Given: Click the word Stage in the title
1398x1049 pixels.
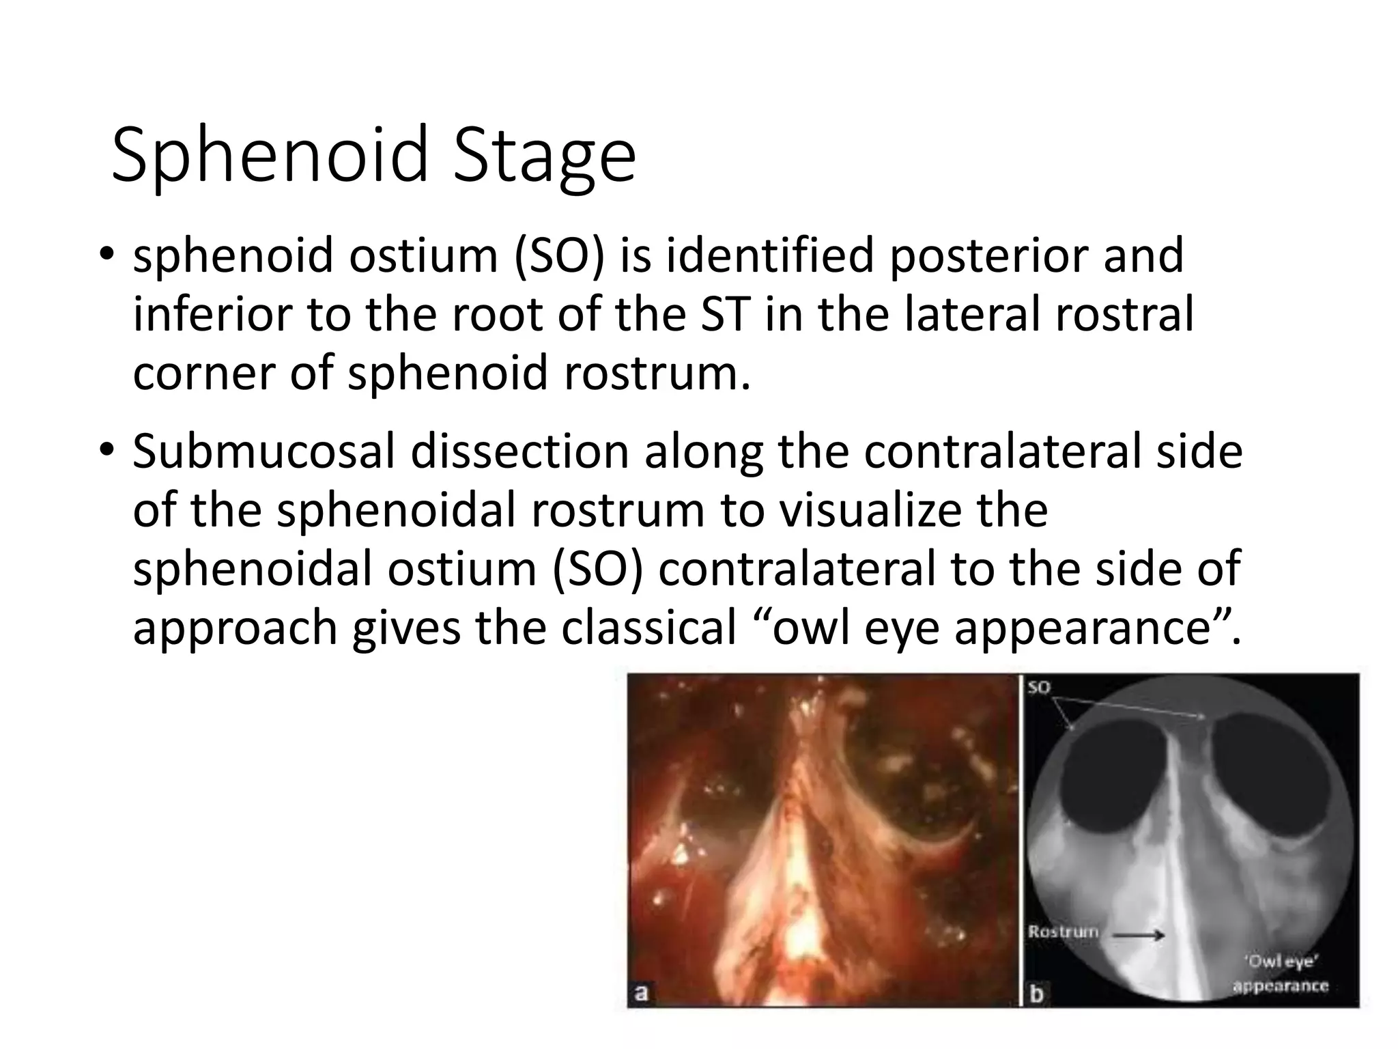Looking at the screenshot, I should (x=544, y=156).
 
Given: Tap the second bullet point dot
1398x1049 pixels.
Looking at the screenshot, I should (x=107, y=453).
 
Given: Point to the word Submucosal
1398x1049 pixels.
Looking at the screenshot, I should (x=263, y=453).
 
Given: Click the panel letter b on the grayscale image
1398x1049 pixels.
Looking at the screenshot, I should (x=1036, y=994).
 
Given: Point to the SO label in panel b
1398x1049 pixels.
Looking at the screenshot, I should (x=1038, y=687).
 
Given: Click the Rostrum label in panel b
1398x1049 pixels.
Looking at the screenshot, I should (x=1064, y=932).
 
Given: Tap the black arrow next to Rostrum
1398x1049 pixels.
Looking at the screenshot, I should (x=1139, y=936).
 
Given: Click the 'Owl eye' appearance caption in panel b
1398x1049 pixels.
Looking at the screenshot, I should (x=1280, y=973).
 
